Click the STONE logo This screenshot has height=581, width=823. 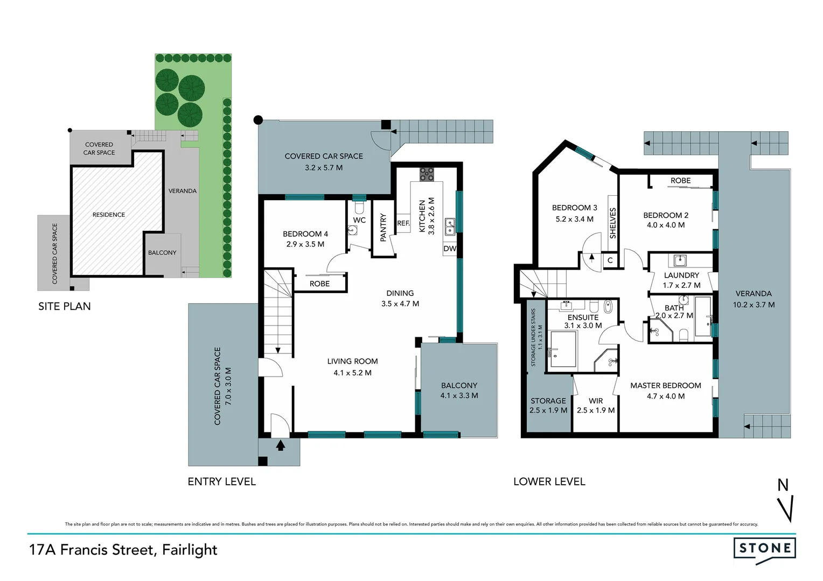point(764,549)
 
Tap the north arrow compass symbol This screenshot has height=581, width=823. point(786,500)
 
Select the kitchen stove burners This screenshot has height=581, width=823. point(427,173)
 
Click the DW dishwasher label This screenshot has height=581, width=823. point(450,249)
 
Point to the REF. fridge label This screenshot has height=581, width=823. point(403,223)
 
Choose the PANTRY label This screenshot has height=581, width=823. point(383,227)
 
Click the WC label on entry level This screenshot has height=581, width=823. point(359,220)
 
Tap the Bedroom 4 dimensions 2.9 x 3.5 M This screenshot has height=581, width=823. point(305,244)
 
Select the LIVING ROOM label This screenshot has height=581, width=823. point(352,362)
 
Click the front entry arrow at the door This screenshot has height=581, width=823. point(280,445)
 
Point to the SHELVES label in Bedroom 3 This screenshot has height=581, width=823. point(612,223)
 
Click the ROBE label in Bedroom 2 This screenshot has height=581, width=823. point(680,181)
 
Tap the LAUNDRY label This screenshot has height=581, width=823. point(681,275)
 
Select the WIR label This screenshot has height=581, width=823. point(596,401)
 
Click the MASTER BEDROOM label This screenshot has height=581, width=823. point(666,386)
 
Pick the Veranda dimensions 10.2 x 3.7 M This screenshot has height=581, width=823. point(754,305)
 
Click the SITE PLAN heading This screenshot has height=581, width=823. point(65,307)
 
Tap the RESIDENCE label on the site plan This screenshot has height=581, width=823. point(109,215)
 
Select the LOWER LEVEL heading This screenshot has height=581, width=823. point(549,482)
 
